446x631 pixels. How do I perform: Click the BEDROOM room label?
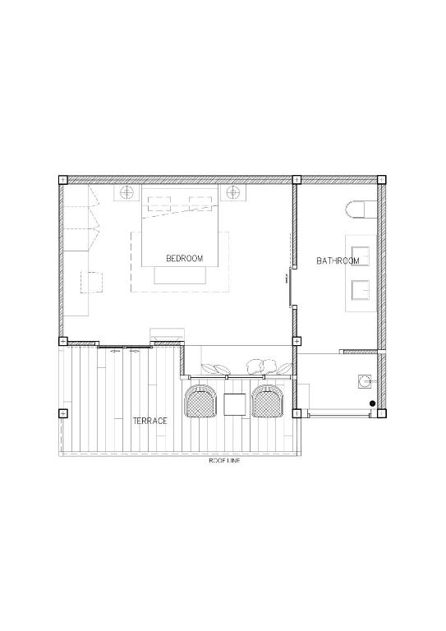[x=184, y=258]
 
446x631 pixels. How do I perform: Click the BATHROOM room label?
[x=338, y=261]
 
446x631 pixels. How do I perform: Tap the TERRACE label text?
[x=150, y=421]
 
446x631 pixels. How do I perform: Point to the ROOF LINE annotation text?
[x=223, y=460]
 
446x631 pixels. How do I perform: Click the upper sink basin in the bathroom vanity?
[x=360, y=254]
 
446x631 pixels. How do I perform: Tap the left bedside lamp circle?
[x=127, y=193]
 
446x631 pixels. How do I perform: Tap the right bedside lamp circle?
[x=232, y=193]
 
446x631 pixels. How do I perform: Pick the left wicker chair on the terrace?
[x=200, y=402]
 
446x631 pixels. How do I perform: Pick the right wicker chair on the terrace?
[x=266, y=402]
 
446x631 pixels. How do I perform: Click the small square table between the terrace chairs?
[x=234, y=403]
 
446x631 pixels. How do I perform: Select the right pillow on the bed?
[x=202, y=201]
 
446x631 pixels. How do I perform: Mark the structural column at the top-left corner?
[x=62, y=180]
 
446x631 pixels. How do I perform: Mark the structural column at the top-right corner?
[x=381, y=180]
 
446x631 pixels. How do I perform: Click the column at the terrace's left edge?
[x=62, y=413]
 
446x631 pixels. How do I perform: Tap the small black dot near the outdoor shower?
[x=372, y=403]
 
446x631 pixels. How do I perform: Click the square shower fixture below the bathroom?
[x=364, y=380]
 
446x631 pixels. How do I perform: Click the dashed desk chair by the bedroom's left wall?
[x=91, y=282]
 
